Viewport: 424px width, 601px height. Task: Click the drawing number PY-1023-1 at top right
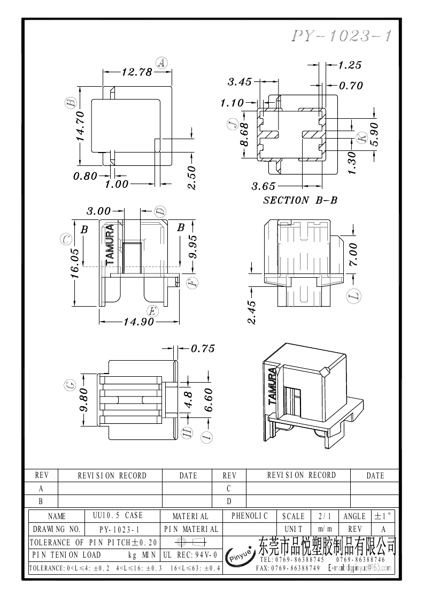tap(342, 36)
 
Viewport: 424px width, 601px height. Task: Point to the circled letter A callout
tap(161, 63)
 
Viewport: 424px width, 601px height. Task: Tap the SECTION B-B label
tap(300, 200)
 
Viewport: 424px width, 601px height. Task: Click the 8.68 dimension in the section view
tap(244, 135)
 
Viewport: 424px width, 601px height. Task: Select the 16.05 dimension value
tap(75, 263)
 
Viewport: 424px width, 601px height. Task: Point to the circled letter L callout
tap(353, 295)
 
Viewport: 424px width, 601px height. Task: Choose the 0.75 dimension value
tap(203, 349)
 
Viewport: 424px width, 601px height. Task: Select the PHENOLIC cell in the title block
tap(250, 516)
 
